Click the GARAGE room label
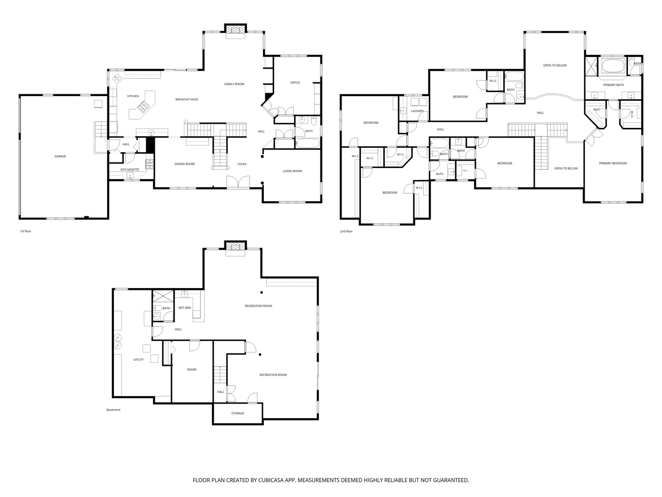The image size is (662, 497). pos(60,156)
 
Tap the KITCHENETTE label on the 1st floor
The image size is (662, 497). pos(130,170)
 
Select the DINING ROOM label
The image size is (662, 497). pos(184,164)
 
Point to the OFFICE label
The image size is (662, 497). pos(295,83)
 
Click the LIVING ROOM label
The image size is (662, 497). pos(292,171)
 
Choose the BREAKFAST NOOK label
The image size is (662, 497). pos(187,99)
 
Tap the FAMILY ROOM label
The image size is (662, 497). pos(234,84)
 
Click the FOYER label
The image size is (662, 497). pos(242,164)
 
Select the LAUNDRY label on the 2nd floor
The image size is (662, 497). pos(417,111)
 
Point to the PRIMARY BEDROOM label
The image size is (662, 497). pos(613,163)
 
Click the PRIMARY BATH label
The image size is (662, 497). pos(613,85)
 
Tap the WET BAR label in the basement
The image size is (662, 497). pos(184,307)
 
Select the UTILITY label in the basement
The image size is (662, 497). pos(138,359)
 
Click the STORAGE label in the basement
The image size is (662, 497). pos(238,413)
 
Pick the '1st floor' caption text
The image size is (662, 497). pos(25,231)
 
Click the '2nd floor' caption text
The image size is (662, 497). pos(346,231)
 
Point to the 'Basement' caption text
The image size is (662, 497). pos(114,410)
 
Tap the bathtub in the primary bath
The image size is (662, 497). pos(613,66)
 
